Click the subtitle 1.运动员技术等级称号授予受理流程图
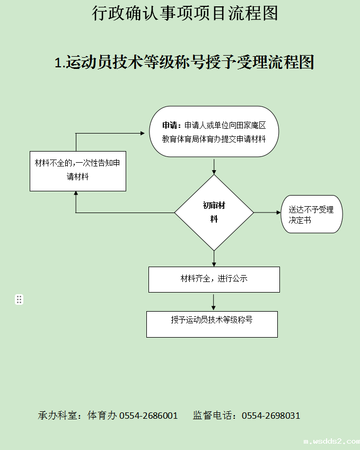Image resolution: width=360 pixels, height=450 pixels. (x=184, y=63)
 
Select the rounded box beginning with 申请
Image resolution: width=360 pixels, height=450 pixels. (x=214, y=132)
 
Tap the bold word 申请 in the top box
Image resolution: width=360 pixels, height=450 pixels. (x=170, y=126)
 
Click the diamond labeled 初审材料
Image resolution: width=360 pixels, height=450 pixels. (x=214, y=213)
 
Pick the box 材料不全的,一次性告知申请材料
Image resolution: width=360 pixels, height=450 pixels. (x=77, y=170)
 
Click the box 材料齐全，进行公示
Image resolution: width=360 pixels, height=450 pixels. (x=214, y=279)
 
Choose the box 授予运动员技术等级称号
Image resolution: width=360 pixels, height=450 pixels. (x=212, y=324)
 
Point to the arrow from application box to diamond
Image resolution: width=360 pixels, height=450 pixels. (x=214, y=166)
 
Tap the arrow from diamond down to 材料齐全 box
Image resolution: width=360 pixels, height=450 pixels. (x=214, y=258)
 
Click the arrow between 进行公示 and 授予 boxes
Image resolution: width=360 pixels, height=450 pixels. (x=214, y=302)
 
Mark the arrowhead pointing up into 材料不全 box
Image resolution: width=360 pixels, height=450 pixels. (x=76, y=194)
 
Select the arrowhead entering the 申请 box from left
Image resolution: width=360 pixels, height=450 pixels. (x=142, y=134)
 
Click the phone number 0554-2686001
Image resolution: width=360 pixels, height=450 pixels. (x=148, y=416)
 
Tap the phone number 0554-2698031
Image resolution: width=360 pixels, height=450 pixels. (x=271, y=416)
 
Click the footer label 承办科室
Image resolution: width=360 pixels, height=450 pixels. (x=58, y=416)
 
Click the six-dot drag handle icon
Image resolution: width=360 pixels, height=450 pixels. (x=19, y=299)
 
